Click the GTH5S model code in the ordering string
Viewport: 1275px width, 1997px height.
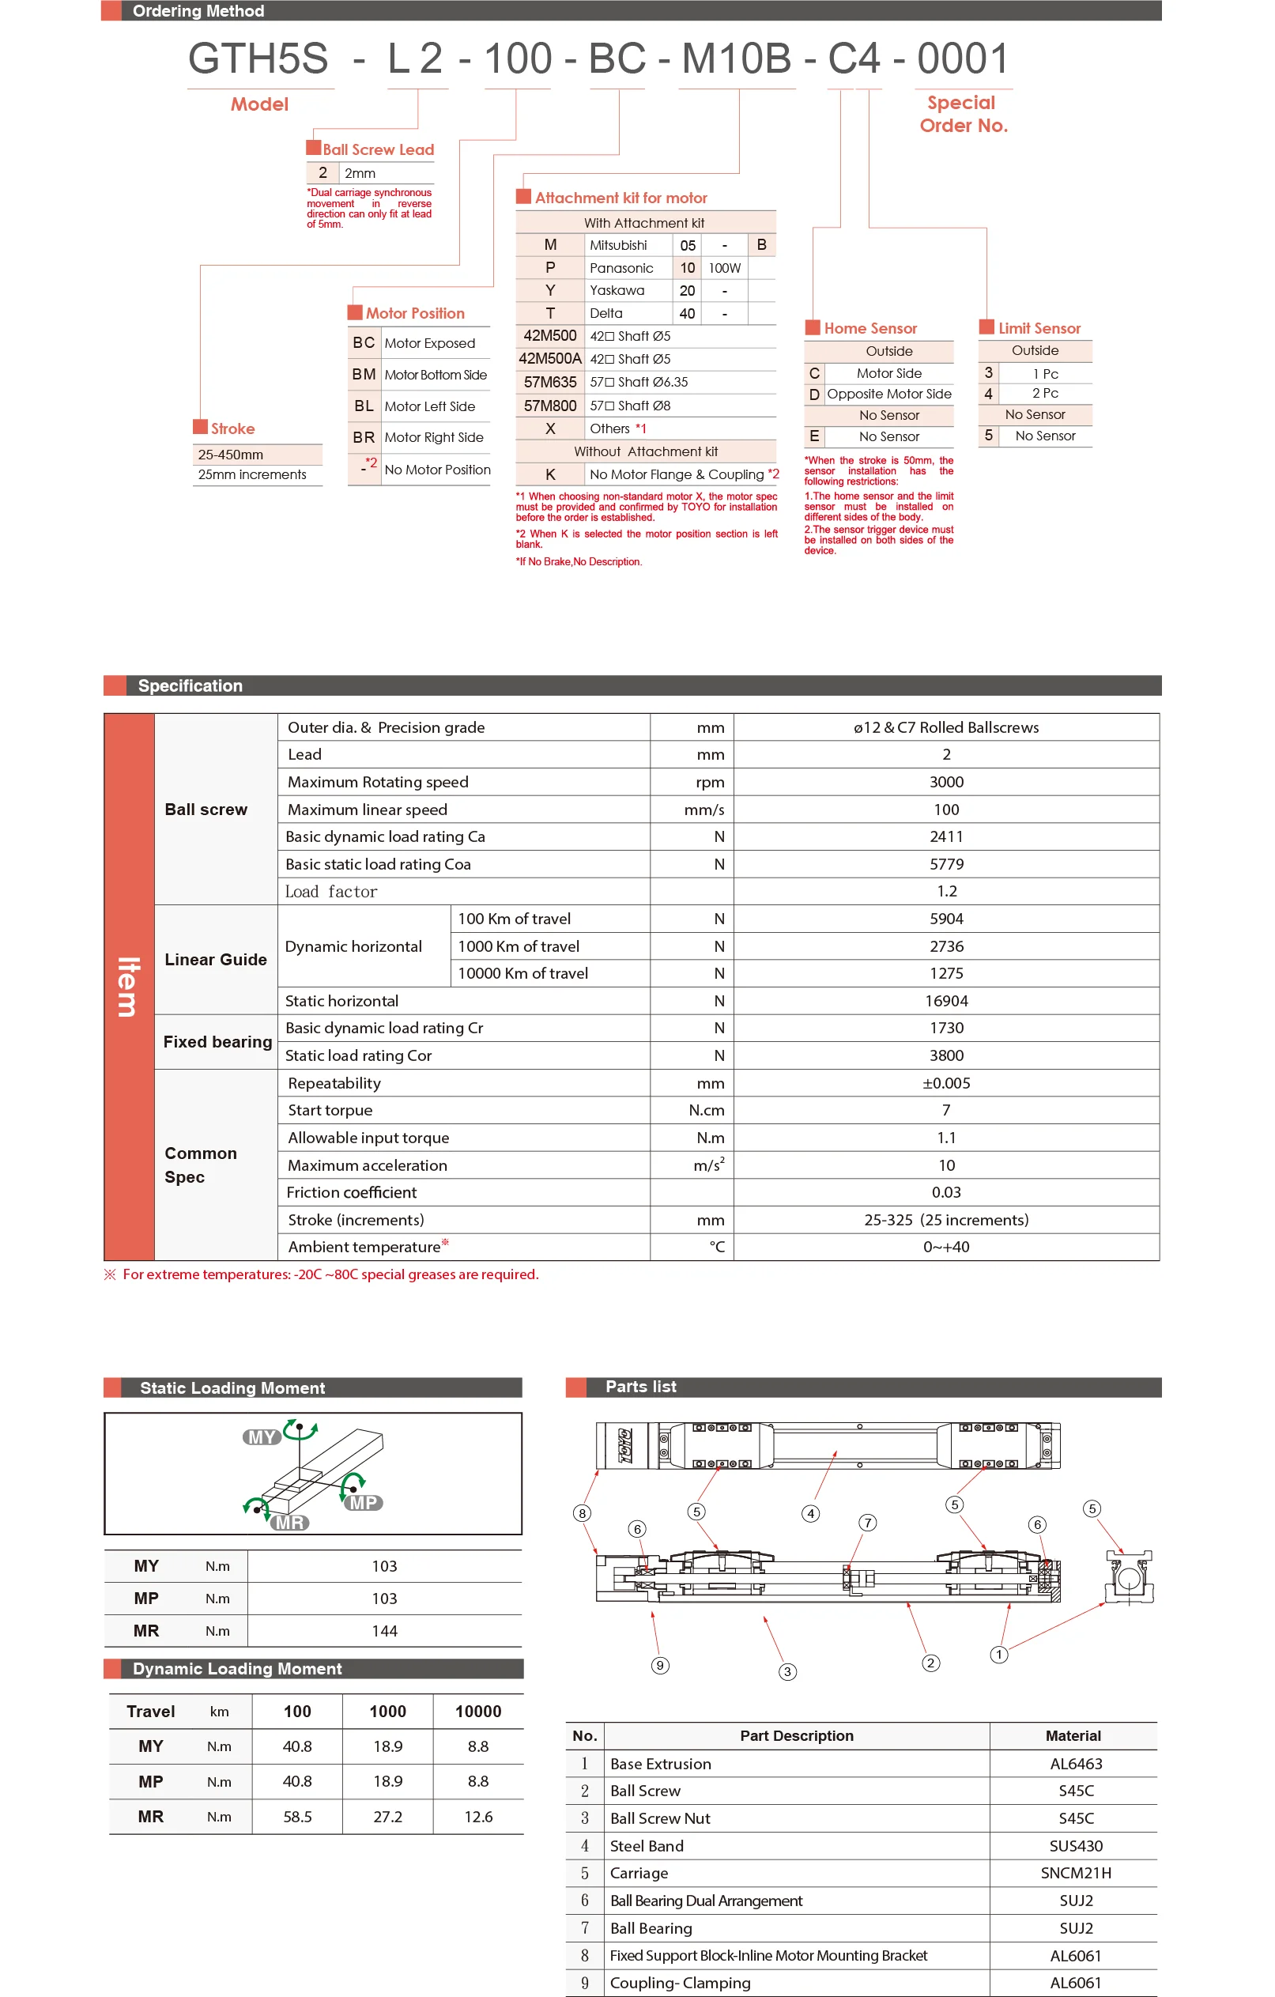[x=258, y=59]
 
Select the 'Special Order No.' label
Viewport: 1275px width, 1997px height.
[x=963, y=115]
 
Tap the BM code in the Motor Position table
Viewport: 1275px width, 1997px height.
[x=364, y=375]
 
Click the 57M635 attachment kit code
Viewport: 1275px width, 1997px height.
[x=549, y=383]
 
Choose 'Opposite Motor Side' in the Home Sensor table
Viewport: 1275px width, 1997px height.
[x=888, y=394]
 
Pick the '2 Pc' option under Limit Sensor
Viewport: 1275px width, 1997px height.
[x=1044, y=394]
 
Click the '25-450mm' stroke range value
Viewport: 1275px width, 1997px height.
[x=231, y=455]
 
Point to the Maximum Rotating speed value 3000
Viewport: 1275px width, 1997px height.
[x=946, y=782]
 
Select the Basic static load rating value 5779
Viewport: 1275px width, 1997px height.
[x=946, y=864]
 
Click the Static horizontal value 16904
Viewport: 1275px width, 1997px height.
[x=946, y=1001]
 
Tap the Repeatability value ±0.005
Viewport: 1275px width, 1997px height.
[x=946, y=1083]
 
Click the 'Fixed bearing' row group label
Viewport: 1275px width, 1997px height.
[x=217, y=1042]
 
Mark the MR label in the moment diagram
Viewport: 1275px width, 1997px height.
[x=289, y=1523]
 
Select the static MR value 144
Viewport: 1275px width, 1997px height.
[x=385, y=1630]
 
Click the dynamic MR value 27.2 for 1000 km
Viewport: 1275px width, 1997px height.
[x=387, y=1816]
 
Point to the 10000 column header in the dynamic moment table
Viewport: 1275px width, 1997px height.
[x=477, y=1711]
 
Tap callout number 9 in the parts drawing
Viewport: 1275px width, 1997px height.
[x=660, y=1665]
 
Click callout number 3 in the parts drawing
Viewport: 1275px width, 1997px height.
[x=787, y=1672]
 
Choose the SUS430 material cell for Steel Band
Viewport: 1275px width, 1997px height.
[x=1075, y=1845]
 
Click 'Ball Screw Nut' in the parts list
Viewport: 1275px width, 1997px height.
[x=660, y=1818]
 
